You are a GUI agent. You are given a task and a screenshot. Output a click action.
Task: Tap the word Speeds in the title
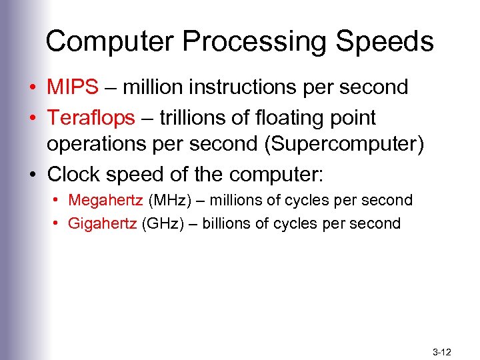pyautogui.click(x=385, y=41)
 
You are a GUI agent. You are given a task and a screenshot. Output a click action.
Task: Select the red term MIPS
pyautogui.click(x=73, y=87)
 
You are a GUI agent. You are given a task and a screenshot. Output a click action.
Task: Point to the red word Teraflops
pyautogui.click(x=91, y=118)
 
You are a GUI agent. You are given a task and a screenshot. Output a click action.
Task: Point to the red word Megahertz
pyautogui.click(x=105, y=200)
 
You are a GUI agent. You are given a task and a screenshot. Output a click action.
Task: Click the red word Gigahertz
pyautogui.click(x=102, y=223)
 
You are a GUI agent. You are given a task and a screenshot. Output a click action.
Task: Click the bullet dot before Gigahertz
pyautogui.click(x=55, y=223)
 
